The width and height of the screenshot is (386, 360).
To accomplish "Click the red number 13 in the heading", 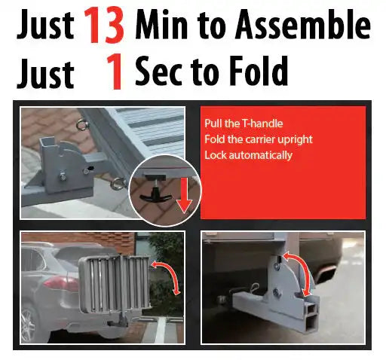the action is click(x=103, y=25).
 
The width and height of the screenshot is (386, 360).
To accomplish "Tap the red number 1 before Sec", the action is click(x=115, y=72).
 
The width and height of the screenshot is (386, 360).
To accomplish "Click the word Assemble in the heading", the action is click(x=303, y=24).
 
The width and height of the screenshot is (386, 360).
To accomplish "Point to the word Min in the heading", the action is click(x=161, y=25).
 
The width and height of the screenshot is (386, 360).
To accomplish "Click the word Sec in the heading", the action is click(x=158, y=71).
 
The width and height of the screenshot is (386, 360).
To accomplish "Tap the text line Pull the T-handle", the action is click(x=244, y=124).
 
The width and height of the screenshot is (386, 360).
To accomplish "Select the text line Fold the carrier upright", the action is click(x=259, y=139).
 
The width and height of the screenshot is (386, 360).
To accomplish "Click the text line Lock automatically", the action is click(x=248, y=155).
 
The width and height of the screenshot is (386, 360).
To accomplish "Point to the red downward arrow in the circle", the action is click(x=185, y=194).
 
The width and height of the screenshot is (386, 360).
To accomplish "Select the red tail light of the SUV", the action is click(x=60, y=283).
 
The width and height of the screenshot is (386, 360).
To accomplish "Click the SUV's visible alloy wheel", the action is click(x=28, y=324).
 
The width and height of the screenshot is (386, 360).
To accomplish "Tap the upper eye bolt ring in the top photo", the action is click(x=82, y=125).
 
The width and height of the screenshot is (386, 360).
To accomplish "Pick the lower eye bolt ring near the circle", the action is click(x=118, y=184).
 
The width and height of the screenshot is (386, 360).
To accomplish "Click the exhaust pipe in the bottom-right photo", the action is click(x=326, y=274).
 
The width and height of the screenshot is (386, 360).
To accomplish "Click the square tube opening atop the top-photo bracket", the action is click(x=47, y=143).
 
